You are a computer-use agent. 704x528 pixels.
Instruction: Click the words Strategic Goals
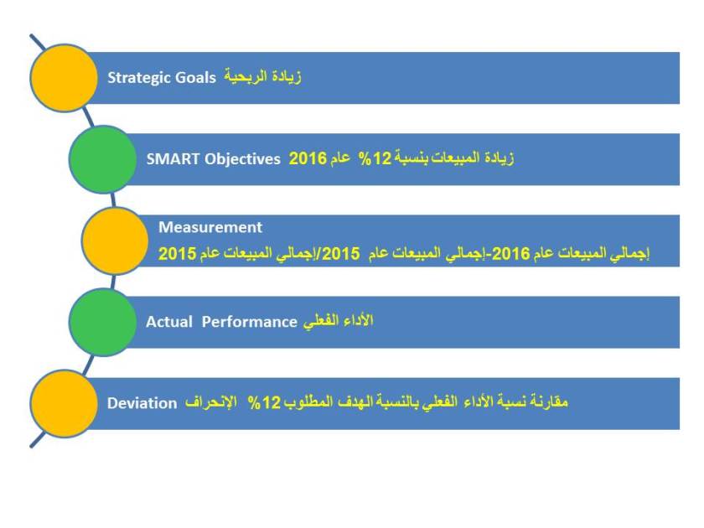pos(162,77)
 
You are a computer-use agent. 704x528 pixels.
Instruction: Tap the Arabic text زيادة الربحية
pos(262,77)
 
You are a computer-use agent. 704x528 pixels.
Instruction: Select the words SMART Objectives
pos(213,158)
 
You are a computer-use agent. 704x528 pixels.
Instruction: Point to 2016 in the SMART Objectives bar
pos(307,158)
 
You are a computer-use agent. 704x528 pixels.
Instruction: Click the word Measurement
pos(210,227)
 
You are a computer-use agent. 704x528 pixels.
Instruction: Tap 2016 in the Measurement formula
pos(510,253)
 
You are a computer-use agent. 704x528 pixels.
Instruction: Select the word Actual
pos(168,322)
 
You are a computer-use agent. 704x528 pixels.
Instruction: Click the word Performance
pos(250,322)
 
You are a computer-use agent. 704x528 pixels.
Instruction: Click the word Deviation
pos(142,403)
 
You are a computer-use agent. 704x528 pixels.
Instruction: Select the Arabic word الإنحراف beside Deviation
pos(210,403)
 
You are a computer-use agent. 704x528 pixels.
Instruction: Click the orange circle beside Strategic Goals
pos(64,77)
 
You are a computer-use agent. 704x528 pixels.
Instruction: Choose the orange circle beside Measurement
pos(116,241)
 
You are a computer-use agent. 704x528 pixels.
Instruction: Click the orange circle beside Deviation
pos(64,403)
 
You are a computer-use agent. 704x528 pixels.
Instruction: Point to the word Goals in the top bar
pos(195,77)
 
